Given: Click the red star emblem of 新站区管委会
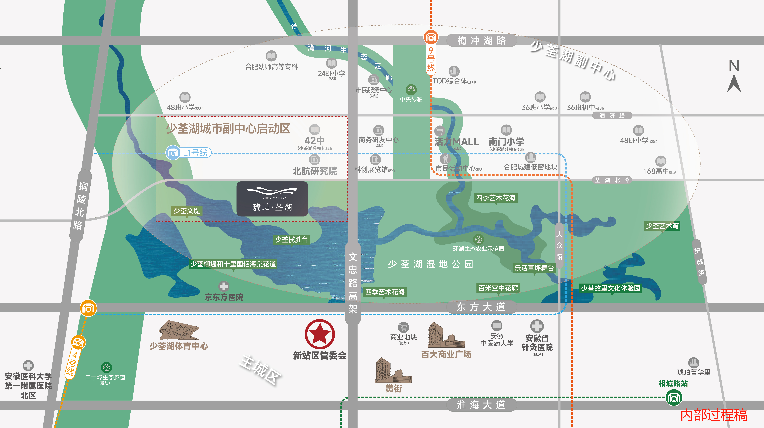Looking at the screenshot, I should [320, 334].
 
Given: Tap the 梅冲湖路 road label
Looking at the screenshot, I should [481, 40].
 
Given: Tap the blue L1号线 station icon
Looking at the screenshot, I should [173, 153].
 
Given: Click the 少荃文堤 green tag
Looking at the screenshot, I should [187, 211].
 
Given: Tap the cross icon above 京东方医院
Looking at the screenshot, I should [224, 286].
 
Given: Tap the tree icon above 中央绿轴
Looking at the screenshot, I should [411, 89].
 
